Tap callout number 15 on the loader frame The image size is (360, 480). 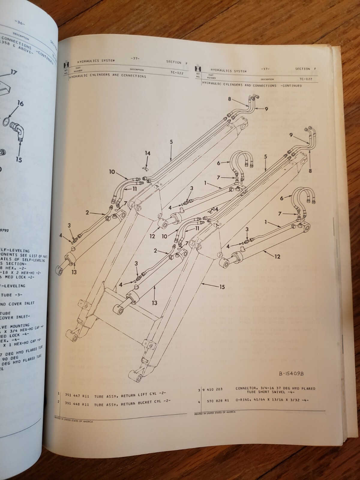click(x=222, y=287)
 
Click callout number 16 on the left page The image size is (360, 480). click(x=20, y=104)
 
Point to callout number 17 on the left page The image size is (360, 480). click(x=13, y=72)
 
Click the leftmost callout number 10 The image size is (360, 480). click(x=112, y=172)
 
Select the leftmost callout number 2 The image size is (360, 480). click(x=87, y=213)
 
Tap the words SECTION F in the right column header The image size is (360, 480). click(x=306, y=69)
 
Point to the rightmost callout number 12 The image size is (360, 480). click(x=277, y=256)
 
